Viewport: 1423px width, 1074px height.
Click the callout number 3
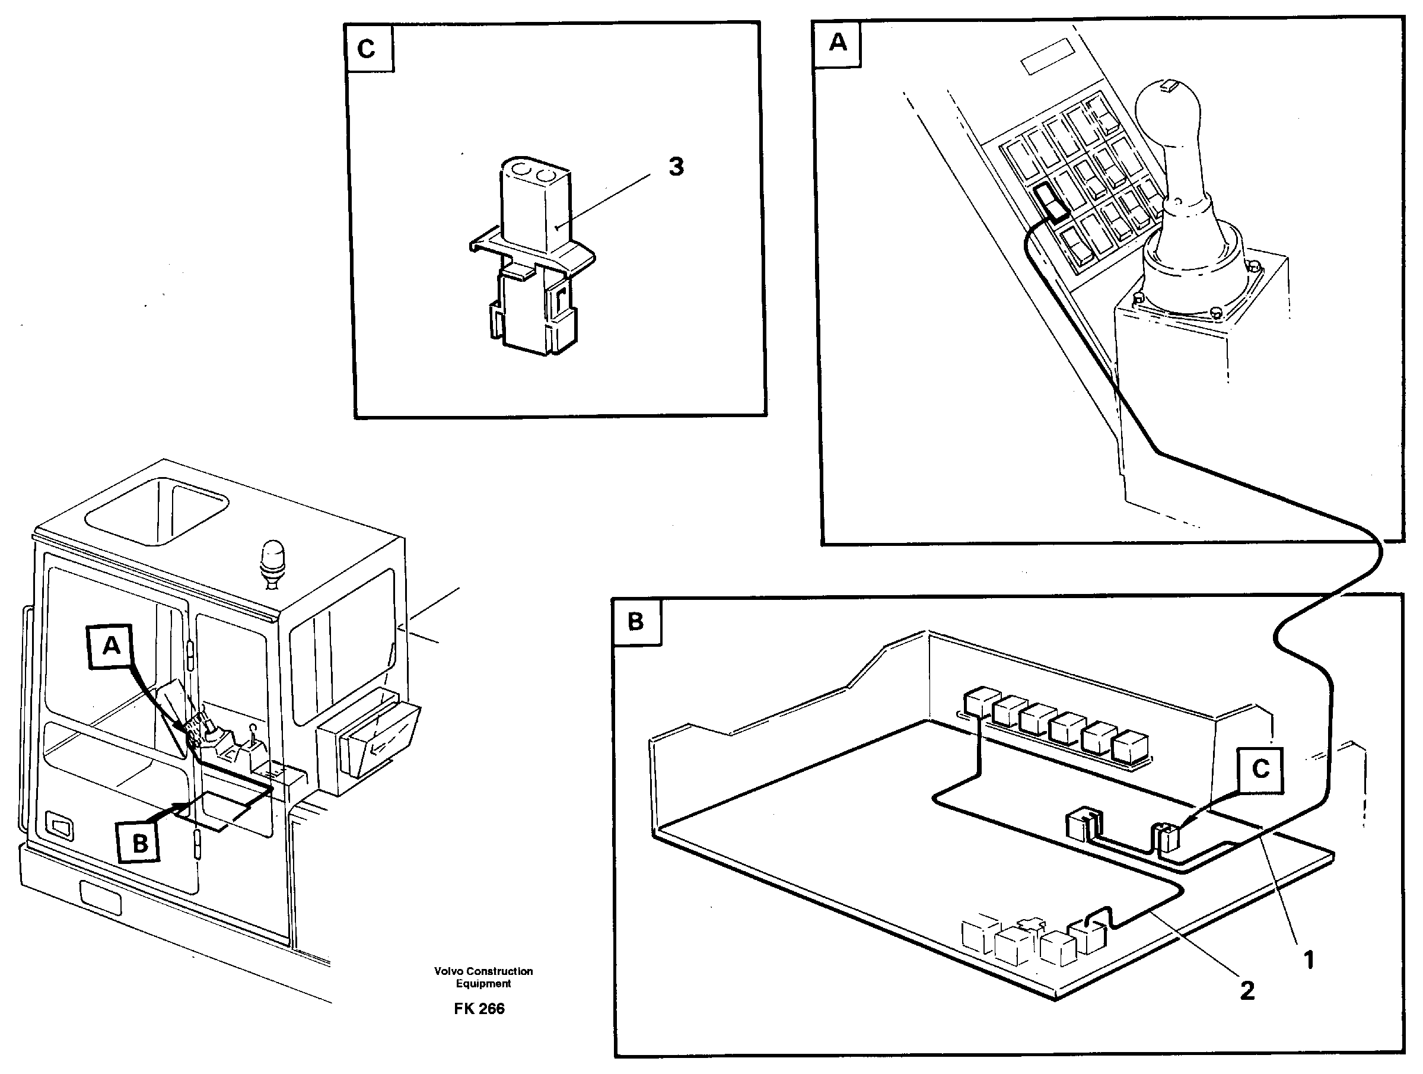pyautogui.click(x=676, y=167)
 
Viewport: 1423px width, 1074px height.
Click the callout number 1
pyautogui.click(x=1308, y=960)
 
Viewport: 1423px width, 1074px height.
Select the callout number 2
pyautogui.click(x=1247, y=991)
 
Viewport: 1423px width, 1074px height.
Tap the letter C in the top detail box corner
pyautogui.click(x=366, y=48)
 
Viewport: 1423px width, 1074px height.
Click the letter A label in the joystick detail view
pyautogui.click(x=837, y=43)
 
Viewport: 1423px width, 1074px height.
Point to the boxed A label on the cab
pyautogui.click(x=112, y=645)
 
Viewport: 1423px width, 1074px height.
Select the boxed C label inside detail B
pyautogui.click(x=1260, y=769)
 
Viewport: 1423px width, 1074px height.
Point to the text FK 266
pyautogui.click(x=479, y=1009)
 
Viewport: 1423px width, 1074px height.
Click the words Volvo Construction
pyautogui.click(x=483, y=971)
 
